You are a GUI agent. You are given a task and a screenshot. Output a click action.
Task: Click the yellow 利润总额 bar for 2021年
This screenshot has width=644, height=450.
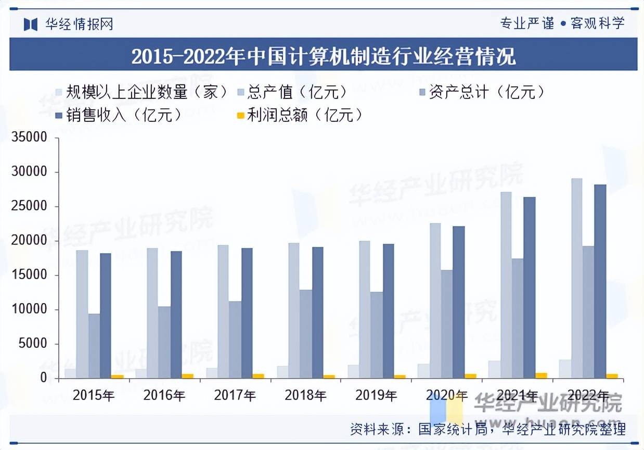(541, 376)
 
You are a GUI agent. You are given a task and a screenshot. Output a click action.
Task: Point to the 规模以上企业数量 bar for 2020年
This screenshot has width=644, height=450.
(423, 371)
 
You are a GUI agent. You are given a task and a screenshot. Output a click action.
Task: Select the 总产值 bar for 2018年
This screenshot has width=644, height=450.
(293, 310)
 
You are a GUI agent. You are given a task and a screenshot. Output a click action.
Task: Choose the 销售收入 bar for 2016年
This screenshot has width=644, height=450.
(176, 315)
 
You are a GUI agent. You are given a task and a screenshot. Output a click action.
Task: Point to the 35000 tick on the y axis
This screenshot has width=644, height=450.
(30, 138)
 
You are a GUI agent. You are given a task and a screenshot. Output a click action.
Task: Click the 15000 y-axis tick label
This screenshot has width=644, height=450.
(30, 276)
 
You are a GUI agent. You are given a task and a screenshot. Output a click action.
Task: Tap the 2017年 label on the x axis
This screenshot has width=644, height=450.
(235, 396)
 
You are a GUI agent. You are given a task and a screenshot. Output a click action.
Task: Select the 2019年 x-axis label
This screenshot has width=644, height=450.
(376, 396)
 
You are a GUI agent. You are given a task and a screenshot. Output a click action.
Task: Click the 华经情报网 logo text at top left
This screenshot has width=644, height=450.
(79, 24)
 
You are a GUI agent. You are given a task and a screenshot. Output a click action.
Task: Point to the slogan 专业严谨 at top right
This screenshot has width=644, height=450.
(526, 23)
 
